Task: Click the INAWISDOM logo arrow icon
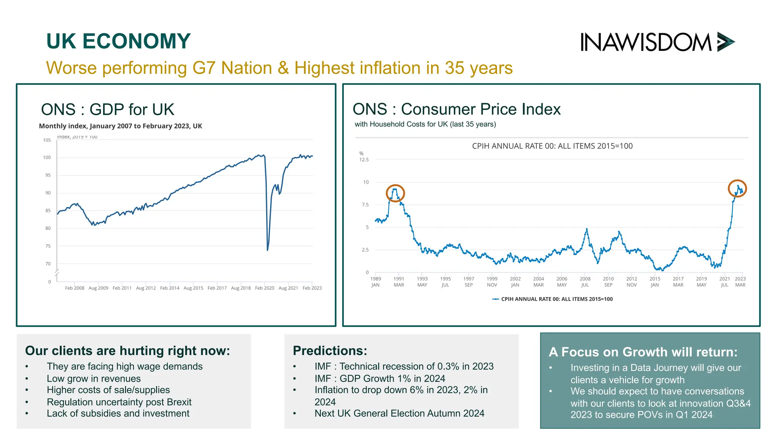[x=725, y=42]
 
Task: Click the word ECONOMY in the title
[x=136, y=41]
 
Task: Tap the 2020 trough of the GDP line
[x=267, y=249]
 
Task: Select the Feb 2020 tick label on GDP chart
[x=264, y=288]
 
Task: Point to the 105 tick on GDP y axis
[x=47, y=140]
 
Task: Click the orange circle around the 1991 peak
[x=395, y=193]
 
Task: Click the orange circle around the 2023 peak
[x=737, y=189]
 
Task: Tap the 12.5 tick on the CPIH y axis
[x=364, y=160]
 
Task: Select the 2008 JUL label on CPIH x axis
[x=585, y=282]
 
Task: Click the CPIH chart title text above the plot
[x=552, y=146]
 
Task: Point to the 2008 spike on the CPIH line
[x=587, y=230]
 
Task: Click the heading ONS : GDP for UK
[x=107, y=110]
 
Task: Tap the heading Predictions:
[x=330, y=351]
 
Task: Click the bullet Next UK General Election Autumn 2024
[x=399, y=413]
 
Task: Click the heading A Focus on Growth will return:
[x=643, y=352]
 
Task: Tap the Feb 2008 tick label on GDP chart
[x=74, y=288]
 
